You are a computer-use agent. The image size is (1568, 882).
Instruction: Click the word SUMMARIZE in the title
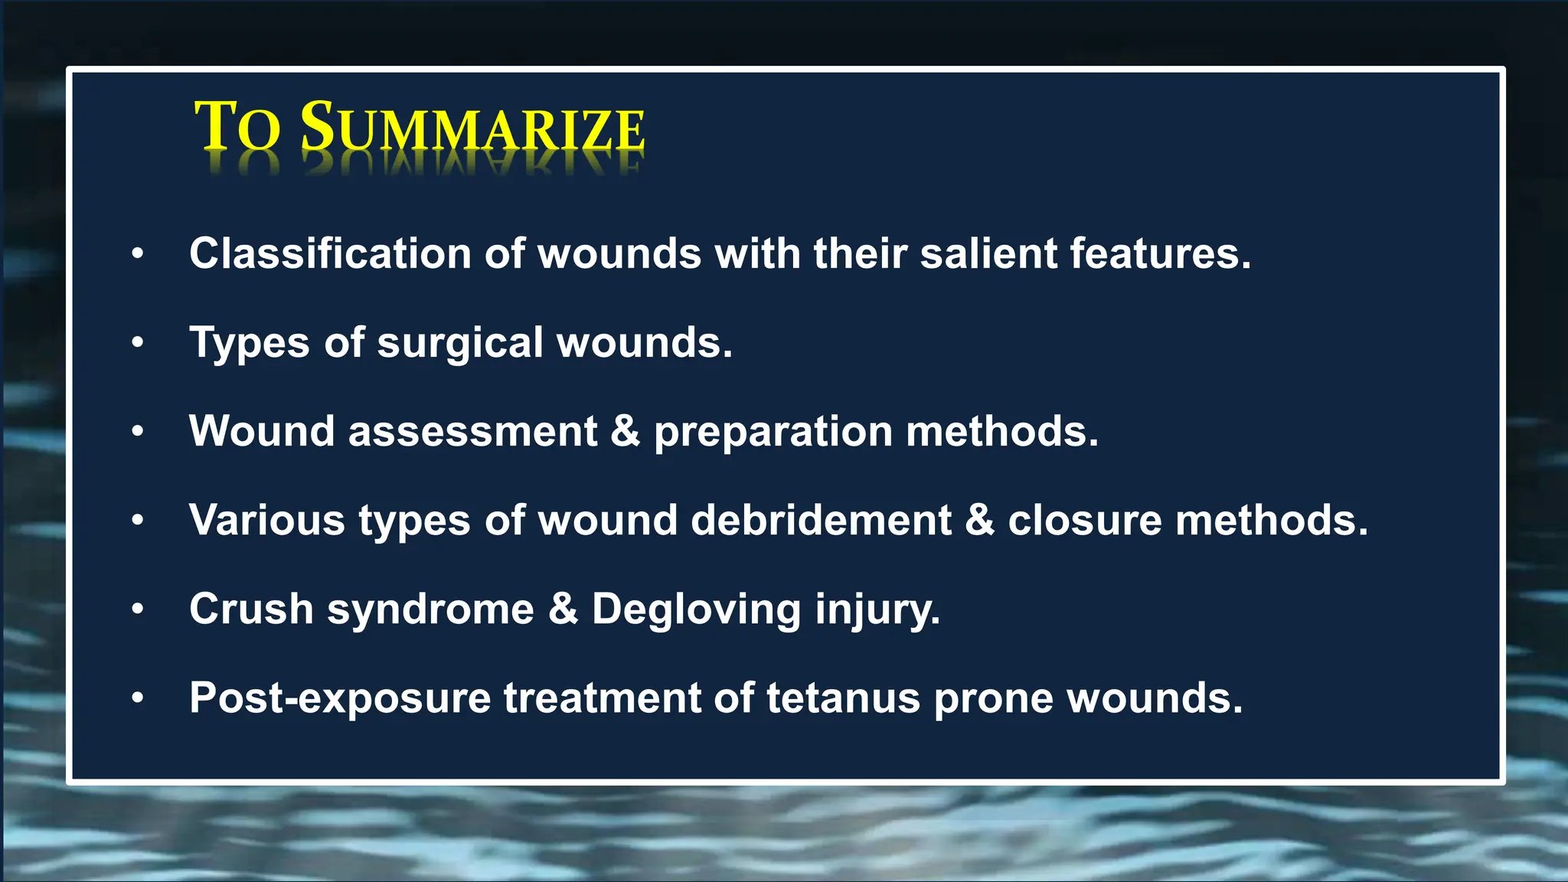[472, 127]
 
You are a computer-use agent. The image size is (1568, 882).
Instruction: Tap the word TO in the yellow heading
[237, 127]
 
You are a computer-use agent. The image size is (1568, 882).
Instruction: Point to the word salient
[988, 253]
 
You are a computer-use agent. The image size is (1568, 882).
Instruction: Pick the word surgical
[460, 343]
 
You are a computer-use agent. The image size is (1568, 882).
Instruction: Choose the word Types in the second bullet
[250, 343]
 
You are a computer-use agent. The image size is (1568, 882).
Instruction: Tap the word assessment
[472, 432]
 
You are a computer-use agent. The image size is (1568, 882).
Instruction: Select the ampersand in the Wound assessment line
[626, 431]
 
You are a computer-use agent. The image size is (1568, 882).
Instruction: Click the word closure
[1085, 521]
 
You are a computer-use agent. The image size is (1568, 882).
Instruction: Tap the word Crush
[251, 609]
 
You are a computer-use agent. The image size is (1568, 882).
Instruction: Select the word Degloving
[697, 611]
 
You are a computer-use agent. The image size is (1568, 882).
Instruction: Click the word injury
[877, 611]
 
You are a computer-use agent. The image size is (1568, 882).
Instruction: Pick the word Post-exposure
[340, 699]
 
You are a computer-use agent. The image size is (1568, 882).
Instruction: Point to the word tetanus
[843, 698]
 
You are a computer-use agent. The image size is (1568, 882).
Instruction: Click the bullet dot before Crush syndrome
[138, 609]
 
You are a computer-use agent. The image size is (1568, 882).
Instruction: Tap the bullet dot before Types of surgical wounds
[138, 342]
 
